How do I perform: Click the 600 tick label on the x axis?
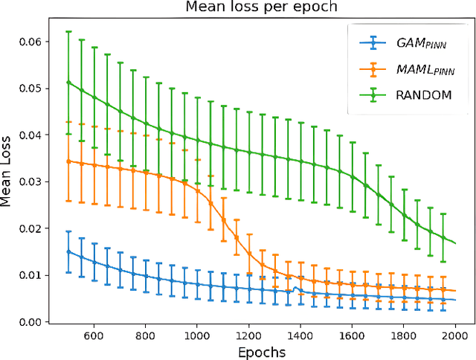93,335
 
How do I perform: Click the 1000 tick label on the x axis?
196,335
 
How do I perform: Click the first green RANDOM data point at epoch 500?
68,83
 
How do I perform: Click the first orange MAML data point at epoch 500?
68,161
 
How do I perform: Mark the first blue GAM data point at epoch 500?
68,251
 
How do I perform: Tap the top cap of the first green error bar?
68,31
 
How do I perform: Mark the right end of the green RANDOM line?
455,243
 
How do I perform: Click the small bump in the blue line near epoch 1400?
295,288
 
